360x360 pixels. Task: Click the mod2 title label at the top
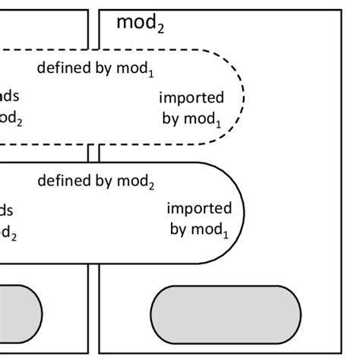140,24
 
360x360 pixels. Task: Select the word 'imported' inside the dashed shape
191,98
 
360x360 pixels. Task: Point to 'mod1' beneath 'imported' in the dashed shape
204,120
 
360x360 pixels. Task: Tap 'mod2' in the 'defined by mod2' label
137,182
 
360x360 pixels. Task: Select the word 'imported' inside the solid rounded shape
200,208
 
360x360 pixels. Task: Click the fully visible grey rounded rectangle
226,314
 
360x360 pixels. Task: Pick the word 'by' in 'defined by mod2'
103,182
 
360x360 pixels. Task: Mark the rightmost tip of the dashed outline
244,96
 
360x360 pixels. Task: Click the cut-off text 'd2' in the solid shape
8,233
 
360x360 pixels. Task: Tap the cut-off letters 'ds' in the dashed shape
11,96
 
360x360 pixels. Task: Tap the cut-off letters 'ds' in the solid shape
7,210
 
